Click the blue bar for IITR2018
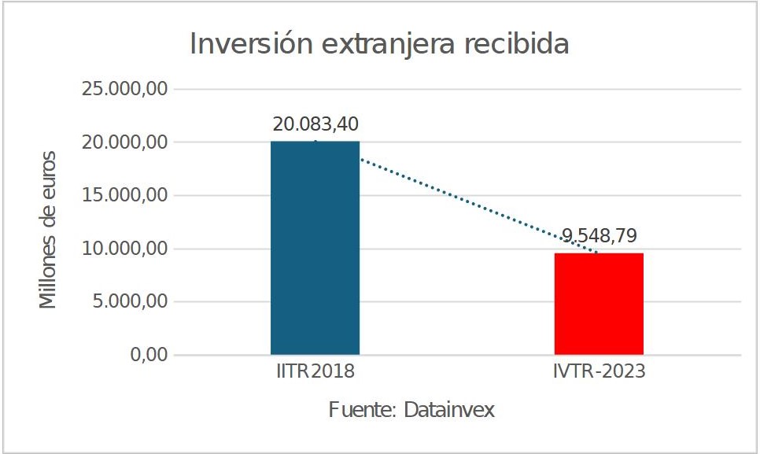(x=315, y=248)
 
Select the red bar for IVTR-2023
(x=599, y=304)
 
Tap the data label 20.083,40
(x=315, y=125)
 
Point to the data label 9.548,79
(x=599, y=235)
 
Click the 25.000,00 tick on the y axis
(x=125, y=89)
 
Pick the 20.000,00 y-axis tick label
(x=125, y=142)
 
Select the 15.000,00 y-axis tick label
(x=125, y=195)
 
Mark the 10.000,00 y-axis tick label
(x=125, y=249)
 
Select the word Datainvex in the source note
(x=449, y=410)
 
